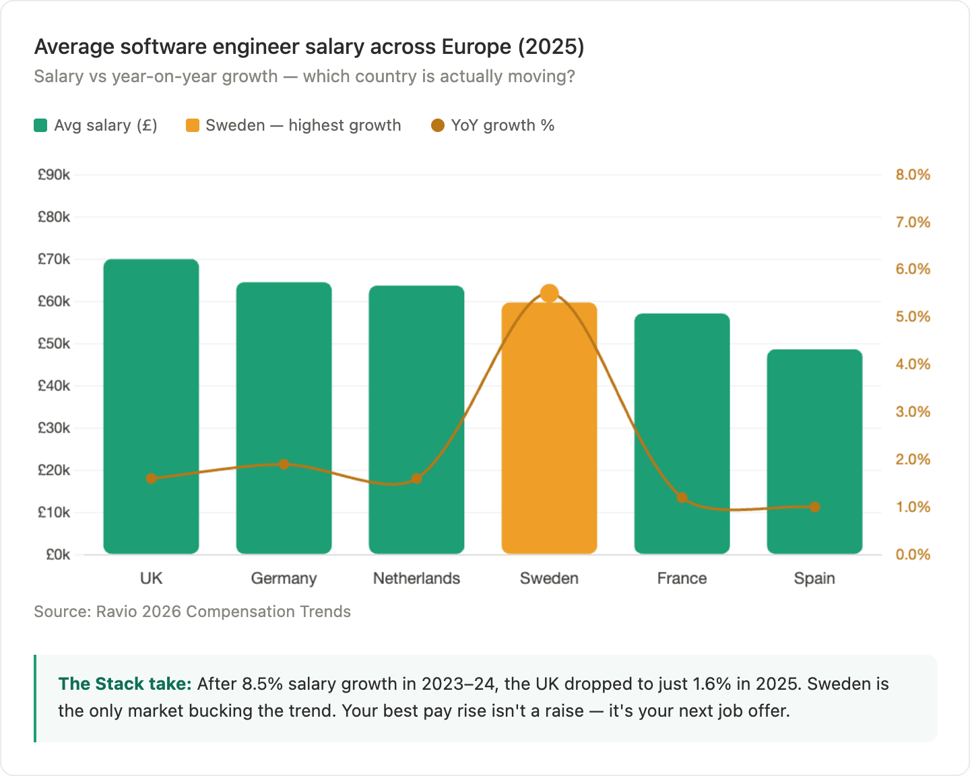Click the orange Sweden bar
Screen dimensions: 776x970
coord(549,431)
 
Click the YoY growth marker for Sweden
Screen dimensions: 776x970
coord(550,294)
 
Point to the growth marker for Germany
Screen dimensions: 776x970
coord(284,464)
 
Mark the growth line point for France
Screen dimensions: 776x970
coord(682,498)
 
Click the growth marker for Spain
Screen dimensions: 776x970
coord(814,507)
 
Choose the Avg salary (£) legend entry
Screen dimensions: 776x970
coord(96,126)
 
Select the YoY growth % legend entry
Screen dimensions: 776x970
coord(493,126)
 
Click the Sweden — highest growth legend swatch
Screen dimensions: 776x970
coord(193,126)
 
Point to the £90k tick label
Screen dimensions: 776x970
coord(54,175)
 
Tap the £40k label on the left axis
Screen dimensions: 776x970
coord(54,386)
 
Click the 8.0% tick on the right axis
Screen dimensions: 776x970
coord(913,175)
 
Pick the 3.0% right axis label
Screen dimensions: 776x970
coord(913,412)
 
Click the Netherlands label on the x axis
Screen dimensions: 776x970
coord(416,579)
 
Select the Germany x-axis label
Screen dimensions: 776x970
coord(284,579)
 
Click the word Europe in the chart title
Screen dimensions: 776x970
coord(476,47)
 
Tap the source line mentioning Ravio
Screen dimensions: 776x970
coord(192,612)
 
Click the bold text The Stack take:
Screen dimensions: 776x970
coord(125,684)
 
